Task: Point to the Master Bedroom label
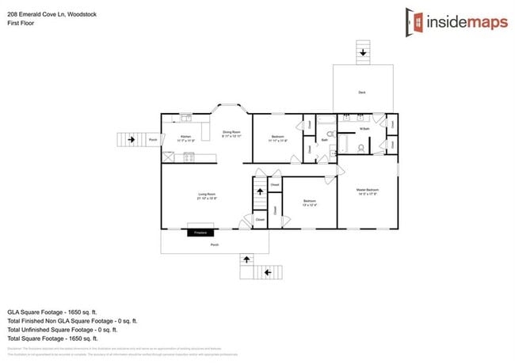[x=367, y=191]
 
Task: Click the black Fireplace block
[x=200, y=233]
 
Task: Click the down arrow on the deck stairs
[x=363, y=53]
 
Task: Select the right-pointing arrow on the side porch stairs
[x=131, y=140]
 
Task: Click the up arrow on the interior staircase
[x=259, y=191]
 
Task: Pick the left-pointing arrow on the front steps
[x=267, y=273]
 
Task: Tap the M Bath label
[x=364, y=128]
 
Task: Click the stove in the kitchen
[x=189, y=157]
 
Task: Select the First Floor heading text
[x=21, y=23]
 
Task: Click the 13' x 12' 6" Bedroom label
[x=310, y=203]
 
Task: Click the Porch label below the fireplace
[x=214, y=245]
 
